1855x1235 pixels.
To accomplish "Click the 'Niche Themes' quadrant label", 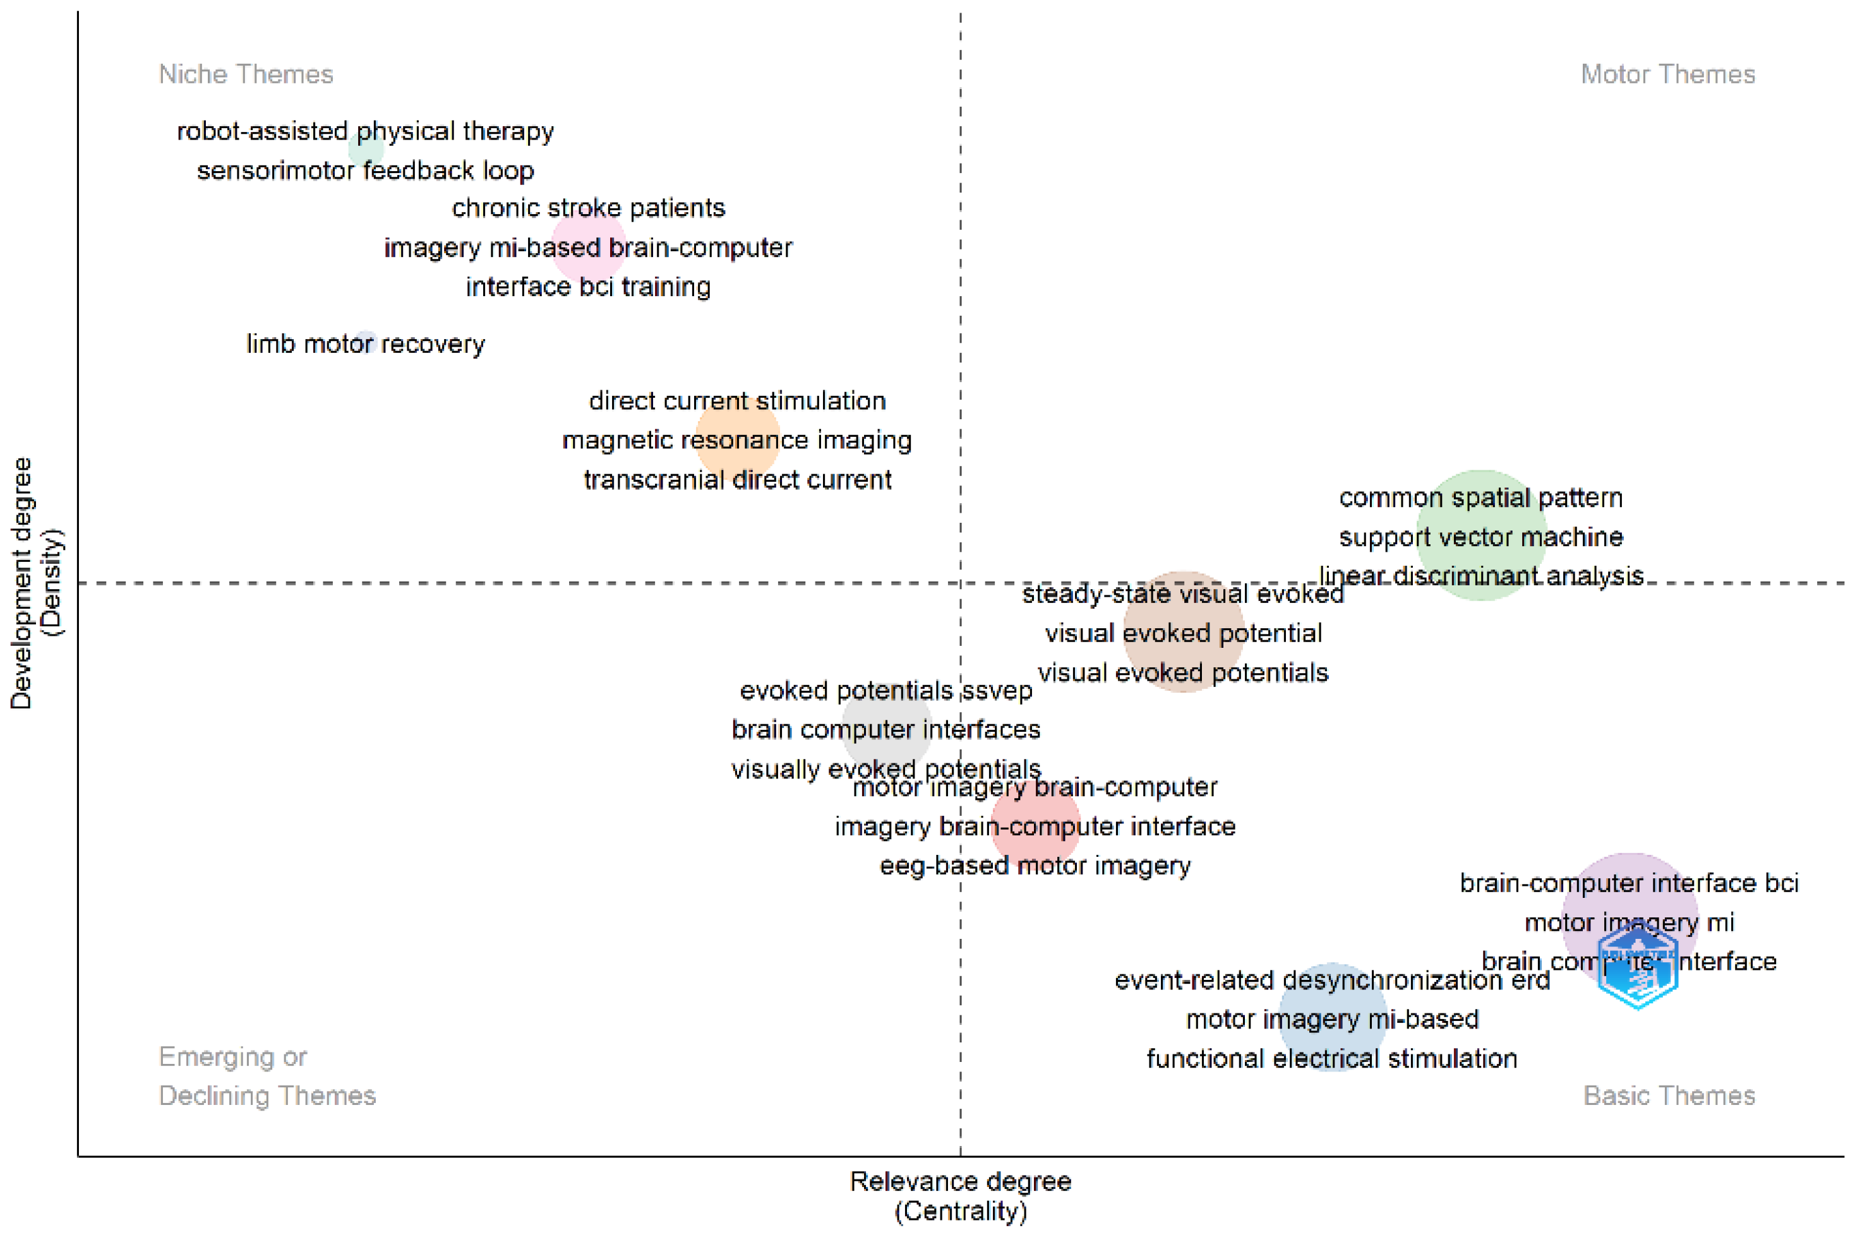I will [246, 74].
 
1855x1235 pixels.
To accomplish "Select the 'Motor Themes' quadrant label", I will [1667, 74].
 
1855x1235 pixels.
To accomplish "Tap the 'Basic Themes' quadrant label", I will [1668, 1095].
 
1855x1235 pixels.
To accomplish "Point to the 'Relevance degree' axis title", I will [959, 1181].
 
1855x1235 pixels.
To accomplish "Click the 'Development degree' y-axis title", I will [21, 583].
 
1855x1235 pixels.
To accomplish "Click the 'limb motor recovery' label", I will [366, 344].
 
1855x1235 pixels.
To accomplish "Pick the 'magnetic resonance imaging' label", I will [736, 440].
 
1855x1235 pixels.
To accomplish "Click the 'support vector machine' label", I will [1480, 537].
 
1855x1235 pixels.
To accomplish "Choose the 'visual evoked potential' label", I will [1183, 633].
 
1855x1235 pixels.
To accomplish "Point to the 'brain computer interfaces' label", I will [885, 730].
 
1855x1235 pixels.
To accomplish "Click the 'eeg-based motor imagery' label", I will [1035, 866].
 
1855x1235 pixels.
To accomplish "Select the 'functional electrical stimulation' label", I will [1331, 1059].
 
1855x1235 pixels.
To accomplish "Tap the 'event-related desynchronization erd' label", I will [1331, 981].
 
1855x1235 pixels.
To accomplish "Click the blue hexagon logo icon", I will [1637, 967].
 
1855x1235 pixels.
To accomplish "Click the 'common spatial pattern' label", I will [1480, 498].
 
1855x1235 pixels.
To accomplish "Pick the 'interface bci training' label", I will [587, 287].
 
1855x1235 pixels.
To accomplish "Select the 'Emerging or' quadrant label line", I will [232, 1057].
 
